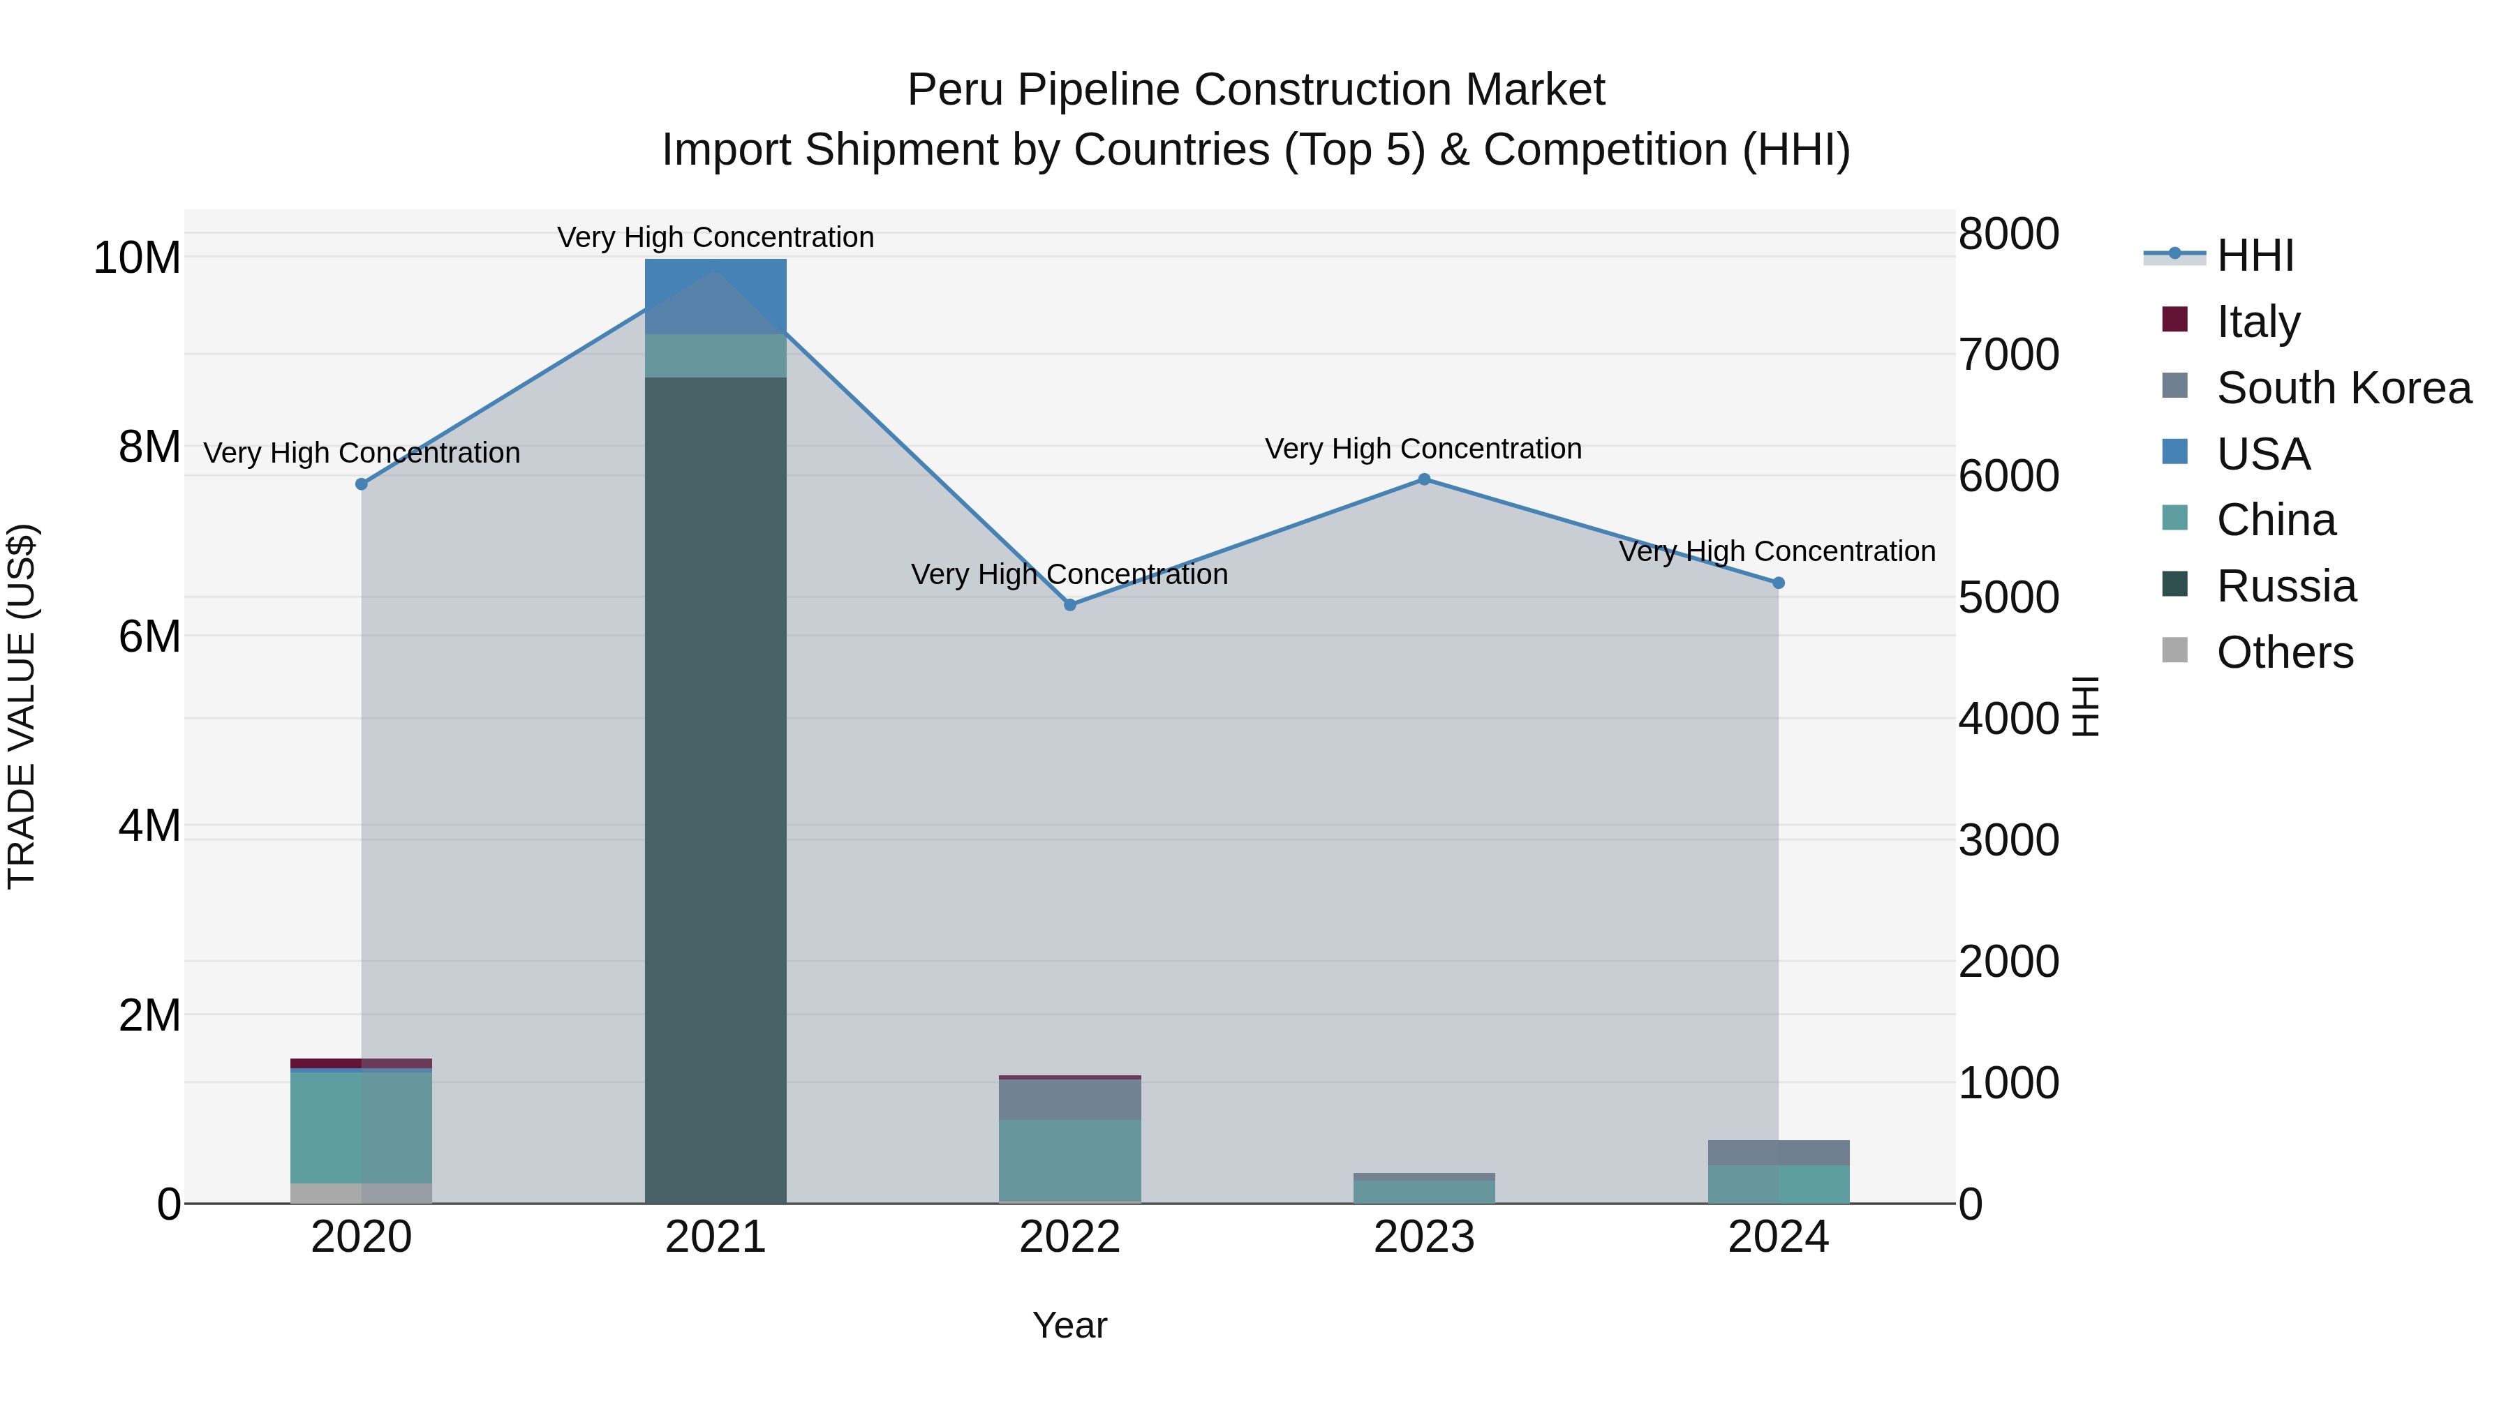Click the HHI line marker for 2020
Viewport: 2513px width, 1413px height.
[x=362, y=484]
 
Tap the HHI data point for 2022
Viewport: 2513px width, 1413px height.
[x=1070, y=604]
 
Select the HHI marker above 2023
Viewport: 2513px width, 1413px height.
[x=1424, y=479]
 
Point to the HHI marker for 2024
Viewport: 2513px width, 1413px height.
[x=1779, y=583]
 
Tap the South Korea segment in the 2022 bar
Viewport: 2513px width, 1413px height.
[x=1070, y=1100]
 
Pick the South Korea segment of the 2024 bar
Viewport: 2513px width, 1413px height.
[x=1779, y=1153]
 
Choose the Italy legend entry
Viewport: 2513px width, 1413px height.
[x=2258, y=322]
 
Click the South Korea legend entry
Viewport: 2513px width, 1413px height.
[x=2343, y=388]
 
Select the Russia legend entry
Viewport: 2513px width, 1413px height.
[x=2285, y=586]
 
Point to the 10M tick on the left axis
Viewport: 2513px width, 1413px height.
[x=137, y=258]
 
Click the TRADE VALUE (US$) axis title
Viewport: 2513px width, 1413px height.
[x=22, y=707]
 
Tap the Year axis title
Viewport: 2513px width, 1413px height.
[x=1069, y=1325]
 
